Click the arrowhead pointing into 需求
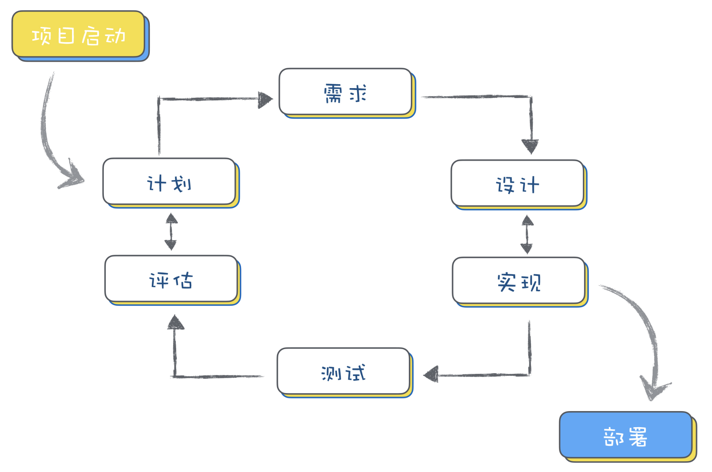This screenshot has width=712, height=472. pos(265,100)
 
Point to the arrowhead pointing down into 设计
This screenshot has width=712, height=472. pos(530,147)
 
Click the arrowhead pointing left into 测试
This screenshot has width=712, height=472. pos(431,374)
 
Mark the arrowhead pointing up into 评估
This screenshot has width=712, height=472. pos(176,322)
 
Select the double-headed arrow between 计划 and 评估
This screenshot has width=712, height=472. pos(171,232)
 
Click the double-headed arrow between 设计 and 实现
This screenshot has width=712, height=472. pos(527,234)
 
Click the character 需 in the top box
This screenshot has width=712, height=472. pos(333,93)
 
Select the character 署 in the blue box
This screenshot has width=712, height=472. pos(638,437)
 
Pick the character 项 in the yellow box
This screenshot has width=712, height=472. pos(41,36)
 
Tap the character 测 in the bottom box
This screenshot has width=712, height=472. pos(331,373)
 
